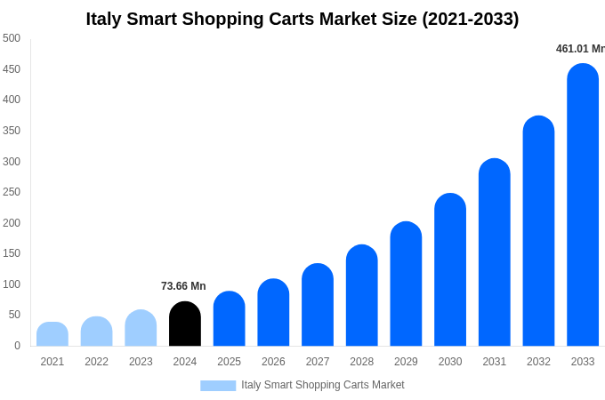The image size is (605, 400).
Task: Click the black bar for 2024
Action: [185, 324]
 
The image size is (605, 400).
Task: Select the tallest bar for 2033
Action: [583, 205]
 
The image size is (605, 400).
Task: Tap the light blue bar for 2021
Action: [52, 334]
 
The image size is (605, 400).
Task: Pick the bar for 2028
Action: [361, 296]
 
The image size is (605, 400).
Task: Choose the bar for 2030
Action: [450, 270]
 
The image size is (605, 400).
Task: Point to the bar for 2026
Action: [273, 313]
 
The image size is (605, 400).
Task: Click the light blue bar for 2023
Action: [141, 328]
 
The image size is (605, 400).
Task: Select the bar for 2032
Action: [538, 231]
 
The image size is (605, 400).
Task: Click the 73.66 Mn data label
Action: [183, 286]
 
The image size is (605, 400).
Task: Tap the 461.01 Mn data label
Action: [579, 49]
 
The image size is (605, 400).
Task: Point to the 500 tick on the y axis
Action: [12, 38]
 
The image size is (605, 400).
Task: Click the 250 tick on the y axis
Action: [12, 192]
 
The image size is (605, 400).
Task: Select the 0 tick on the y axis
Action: [17, 346]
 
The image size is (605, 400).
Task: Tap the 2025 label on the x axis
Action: [229, 362]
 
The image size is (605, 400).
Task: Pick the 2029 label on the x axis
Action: [406, 362]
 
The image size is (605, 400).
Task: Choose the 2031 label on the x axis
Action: [494, 362]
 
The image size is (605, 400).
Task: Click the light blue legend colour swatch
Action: [218, 386]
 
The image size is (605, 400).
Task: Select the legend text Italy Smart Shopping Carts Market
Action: [322, 385]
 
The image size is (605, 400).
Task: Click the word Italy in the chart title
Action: [105, 19]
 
